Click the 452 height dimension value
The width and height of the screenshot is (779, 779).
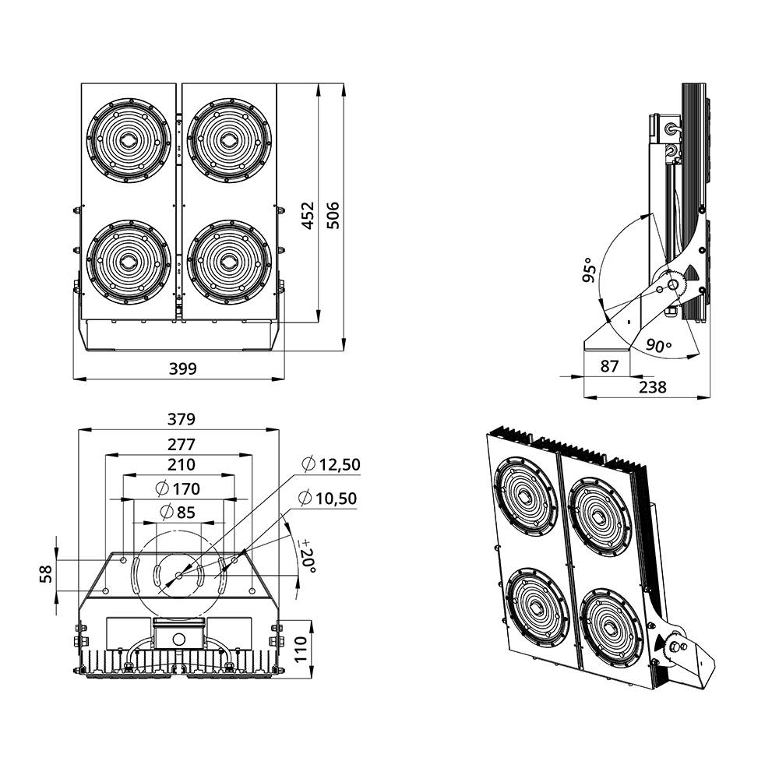(x=308, y=215)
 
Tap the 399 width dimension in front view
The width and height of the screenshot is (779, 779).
(x=183, y=368)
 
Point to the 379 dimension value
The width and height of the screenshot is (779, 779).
(x=181, y=419)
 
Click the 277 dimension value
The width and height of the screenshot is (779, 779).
(x=181, y=445)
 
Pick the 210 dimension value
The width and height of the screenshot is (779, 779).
(x=181, y=465)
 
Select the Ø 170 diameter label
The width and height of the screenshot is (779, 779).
(x=178, y=489)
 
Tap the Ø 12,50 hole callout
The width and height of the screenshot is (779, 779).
(x=331, y=465)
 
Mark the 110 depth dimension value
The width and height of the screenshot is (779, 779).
(x=301, y=648)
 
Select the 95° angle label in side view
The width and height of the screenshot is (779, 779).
(x=590, y=270)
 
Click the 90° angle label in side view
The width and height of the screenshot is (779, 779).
(x=657, y=346)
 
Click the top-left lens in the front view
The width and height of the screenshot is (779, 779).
(x=128, y=140)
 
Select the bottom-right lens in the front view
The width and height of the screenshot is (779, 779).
(x=230, y=263)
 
